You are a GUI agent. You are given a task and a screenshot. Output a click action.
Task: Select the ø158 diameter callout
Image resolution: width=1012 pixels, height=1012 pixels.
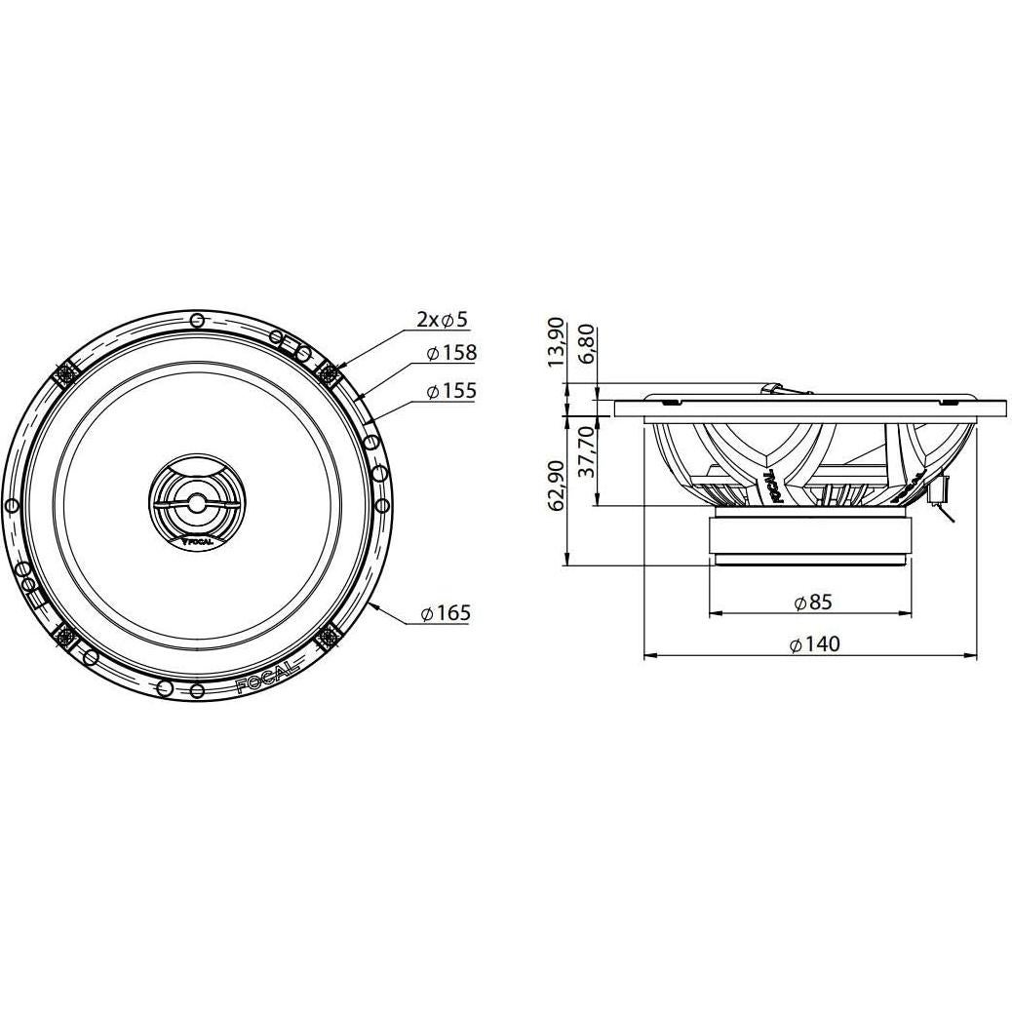coord(451,353)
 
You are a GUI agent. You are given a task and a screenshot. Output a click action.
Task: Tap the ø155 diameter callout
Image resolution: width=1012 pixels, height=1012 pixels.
coord(451,391)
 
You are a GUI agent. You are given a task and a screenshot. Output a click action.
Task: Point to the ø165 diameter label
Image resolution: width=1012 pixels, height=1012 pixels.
coord(446,613)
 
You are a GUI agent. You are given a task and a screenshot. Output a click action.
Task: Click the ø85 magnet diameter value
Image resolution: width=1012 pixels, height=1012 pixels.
coord(812,602)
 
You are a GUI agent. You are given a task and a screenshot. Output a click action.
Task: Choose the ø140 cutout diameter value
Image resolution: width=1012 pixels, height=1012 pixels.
coord(812,643)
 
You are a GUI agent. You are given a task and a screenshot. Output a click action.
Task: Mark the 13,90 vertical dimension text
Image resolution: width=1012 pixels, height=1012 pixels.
coord(557,342)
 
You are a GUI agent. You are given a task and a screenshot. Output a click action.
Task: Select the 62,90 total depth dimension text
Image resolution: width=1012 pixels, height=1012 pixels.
coord(557,486)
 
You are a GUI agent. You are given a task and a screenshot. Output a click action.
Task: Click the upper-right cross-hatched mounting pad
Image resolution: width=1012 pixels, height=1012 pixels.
coord(328,371)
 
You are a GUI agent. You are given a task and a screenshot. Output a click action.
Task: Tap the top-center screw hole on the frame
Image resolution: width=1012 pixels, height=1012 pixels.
coord(198,321)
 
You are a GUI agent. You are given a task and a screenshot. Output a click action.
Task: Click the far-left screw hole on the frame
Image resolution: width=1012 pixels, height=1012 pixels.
coord(12,505)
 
